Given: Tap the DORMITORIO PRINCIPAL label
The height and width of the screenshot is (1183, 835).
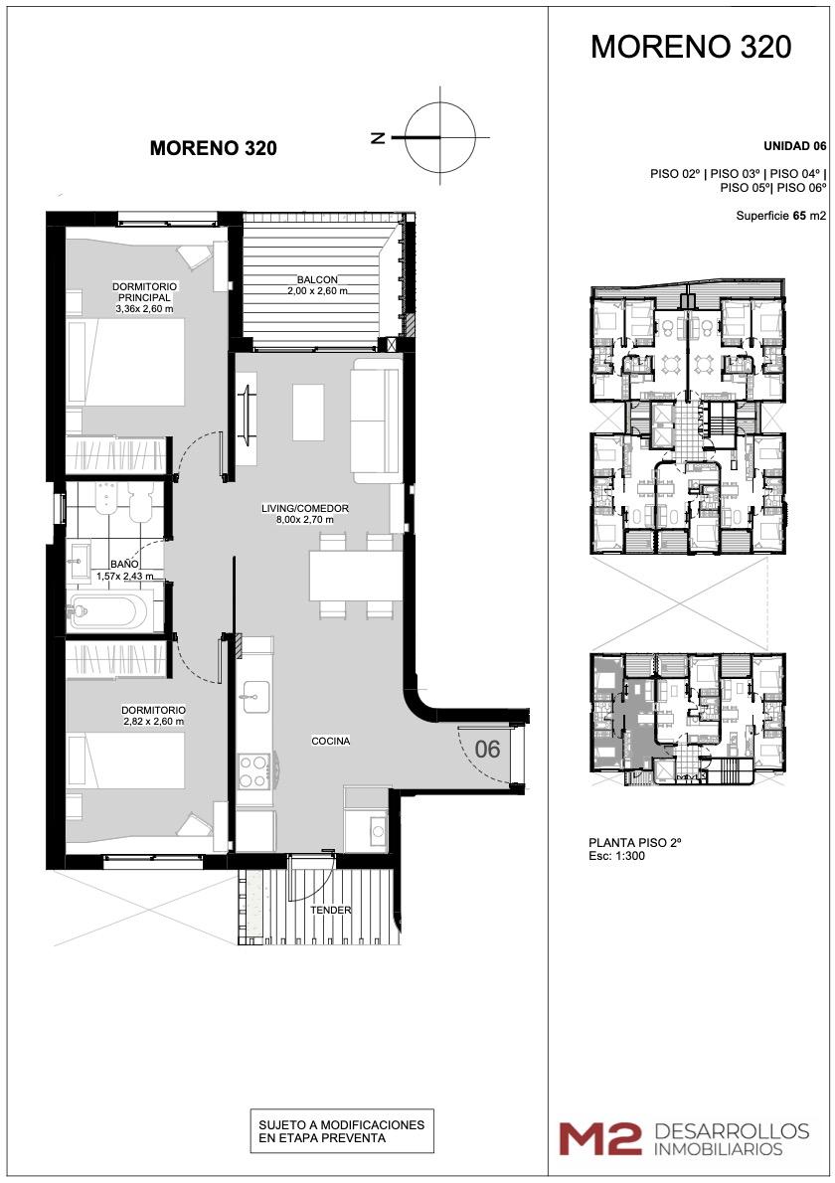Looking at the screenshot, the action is pyautogui.click(x=145, y=292).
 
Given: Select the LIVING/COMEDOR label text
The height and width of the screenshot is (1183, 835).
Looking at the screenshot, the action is pyautogui.click(x=305, y=509).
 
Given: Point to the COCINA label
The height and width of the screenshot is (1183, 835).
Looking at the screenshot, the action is pyautogui.click(x=331, y=741).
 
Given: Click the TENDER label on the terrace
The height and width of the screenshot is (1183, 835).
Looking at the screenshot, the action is pyautogui.click(x=331, y=910).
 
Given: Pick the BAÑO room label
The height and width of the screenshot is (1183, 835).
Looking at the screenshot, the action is pyautogui.click(x=123, y=564).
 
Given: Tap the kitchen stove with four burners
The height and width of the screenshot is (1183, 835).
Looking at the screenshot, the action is pyautogui.click(x=253, y=771).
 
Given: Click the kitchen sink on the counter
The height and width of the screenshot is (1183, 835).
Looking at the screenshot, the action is pyautogui.click(x=253, y=695).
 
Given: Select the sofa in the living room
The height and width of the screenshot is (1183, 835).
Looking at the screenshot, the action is pyautogui.click(x=377, y=421).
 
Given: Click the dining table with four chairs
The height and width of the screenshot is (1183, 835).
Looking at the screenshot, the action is pyautogui.click(x=355, y=576).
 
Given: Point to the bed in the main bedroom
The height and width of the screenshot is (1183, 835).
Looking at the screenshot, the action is pyautogui.click(x=125, y=362).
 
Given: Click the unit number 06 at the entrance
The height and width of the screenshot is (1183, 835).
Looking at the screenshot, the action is pyautogui.click(x=487, y=750).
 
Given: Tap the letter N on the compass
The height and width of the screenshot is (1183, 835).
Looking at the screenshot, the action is pyautogui.click(x=379, y=137).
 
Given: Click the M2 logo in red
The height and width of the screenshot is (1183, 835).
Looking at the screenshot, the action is pyautogui.click(x=600, y=1138).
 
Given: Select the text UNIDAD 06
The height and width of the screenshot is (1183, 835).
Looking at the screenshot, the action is pyautogui.click(x=795, y=145).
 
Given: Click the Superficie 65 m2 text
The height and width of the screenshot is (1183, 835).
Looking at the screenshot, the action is pyautogui.click(x=781, y=216).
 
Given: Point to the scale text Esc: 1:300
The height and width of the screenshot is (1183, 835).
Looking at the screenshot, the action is pyautogui.click(x=616, y=856).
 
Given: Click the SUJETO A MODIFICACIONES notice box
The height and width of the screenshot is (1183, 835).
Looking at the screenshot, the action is pyautogui.click(x=342, y=1131).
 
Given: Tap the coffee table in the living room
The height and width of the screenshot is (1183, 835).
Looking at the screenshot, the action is pyautogui.click(x=308, y=412).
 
